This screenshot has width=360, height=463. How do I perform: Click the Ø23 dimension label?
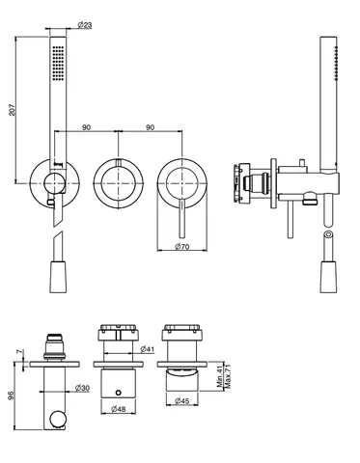tap(85, 24)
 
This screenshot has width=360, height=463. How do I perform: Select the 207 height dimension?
tap(12, 110)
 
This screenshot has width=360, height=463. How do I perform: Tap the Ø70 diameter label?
tap(182, 247)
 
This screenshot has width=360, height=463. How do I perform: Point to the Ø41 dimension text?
tap(148, 348)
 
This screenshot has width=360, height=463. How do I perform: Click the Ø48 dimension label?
tap(118, 409)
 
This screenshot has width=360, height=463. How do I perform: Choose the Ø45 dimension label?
tap(182, 401)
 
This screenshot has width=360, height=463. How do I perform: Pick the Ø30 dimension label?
tap(82, 388)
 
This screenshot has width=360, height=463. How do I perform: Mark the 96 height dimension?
tap(11, 395)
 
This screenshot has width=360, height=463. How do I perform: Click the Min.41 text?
tap(220, 376)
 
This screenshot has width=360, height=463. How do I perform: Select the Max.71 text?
tap(228, 376)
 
